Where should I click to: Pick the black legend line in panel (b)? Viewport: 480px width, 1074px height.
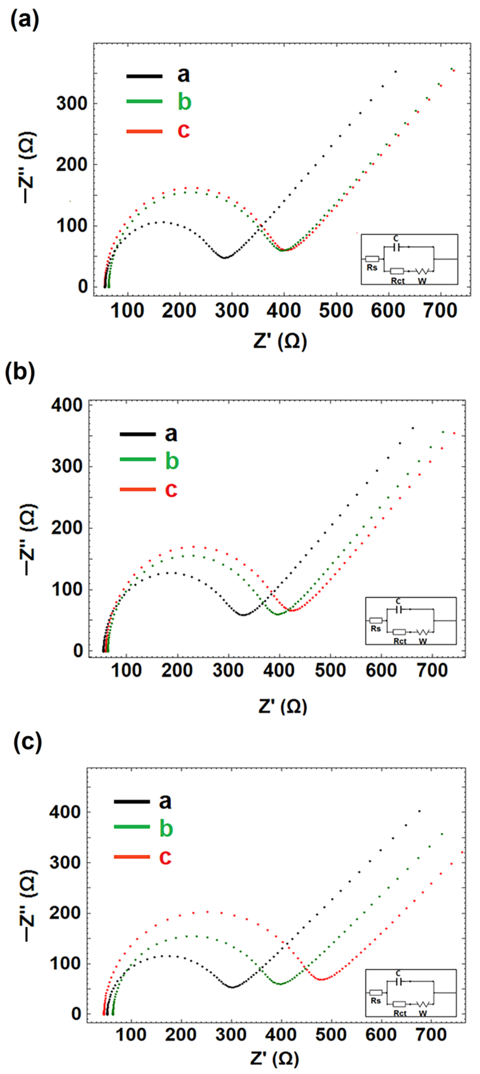point(138,434)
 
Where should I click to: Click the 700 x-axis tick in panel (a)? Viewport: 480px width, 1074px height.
point(440,311)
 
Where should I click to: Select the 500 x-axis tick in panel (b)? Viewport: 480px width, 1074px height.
point(330,670)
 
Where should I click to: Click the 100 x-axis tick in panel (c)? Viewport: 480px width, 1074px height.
point(131,1035)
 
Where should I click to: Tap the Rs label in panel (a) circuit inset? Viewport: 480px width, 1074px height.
point(372,268)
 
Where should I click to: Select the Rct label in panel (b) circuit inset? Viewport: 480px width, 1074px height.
point(400,641)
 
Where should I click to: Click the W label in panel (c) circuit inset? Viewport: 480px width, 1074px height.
point(423,1013)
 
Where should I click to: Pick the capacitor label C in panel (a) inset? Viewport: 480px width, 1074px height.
point(396,238)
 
